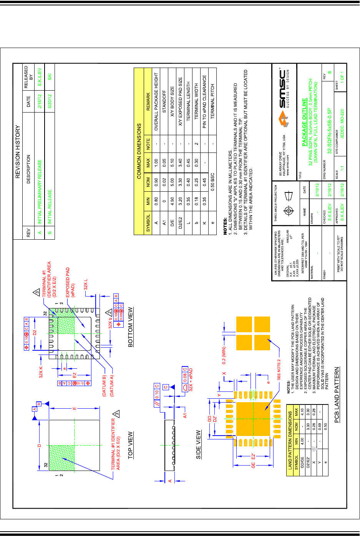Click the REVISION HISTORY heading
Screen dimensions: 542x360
(x=18, y=152)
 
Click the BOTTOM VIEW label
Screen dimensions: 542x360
(x=130, y=327)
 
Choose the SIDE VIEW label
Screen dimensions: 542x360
(x=198, y=444)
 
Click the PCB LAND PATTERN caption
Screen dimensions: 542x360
(x=337, y=395)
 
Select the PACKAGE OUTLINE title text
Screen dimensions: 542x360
(x=304, y=121)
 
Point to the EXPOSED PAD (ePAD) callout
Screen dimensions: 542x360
(x=70, y=282)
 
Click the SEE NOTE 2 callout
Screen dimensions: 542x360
(x=279, y=369)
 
